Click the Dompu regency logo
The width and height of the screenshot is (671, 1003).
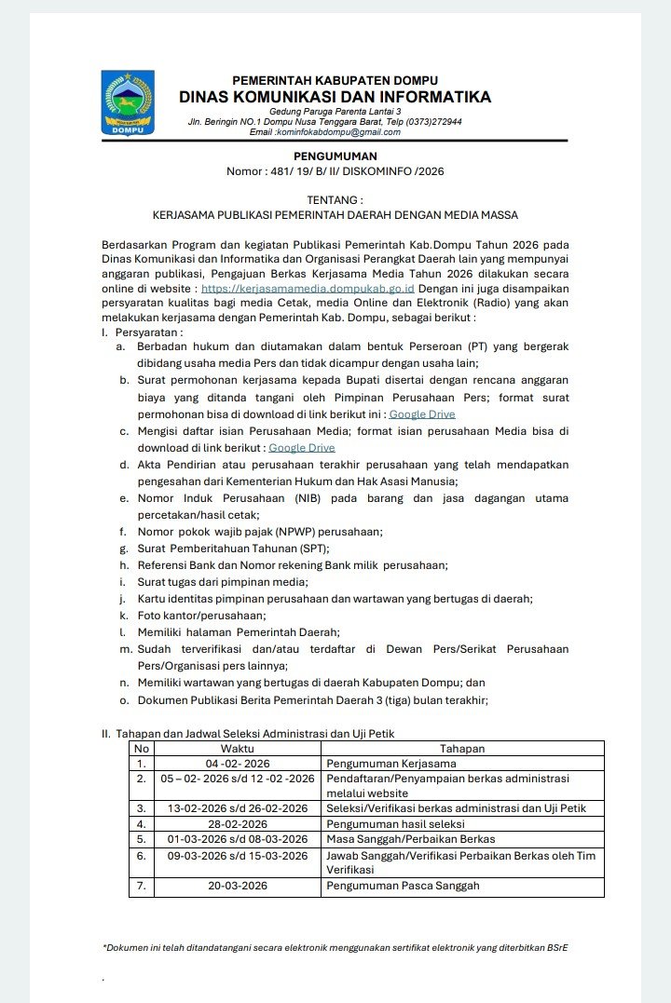coord(128,103)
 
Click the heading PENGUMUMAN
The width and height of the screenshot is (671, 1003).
coord(335,156)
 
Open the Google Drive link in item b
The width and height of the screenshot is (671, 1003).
coord(422,413)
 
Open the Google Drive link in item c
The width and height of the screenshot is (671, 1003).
coord(301,448)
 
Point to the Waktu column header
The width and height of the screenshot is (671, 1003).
coord(237,748)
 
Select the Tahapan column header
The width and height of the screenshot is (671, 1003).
coord(462,748)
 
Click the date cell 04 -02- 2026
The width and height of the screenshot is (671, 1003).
coord(237,763)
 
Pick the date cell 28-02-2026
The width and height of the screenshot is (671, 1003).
coord(237,824)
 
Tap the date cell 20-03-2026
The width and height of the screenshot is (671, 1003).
coord(237,886)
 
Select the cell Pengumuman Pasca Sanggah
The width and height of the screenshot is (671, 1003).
coord(403,886)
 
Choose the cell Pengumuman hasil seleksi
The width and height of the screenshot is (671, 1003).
coord(395,824)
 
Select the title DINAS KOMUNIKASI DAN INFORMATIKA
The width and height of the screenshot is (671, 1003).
coord(335,97)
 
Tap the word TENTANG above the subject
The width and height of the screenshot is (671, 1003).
coord(335,199)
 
